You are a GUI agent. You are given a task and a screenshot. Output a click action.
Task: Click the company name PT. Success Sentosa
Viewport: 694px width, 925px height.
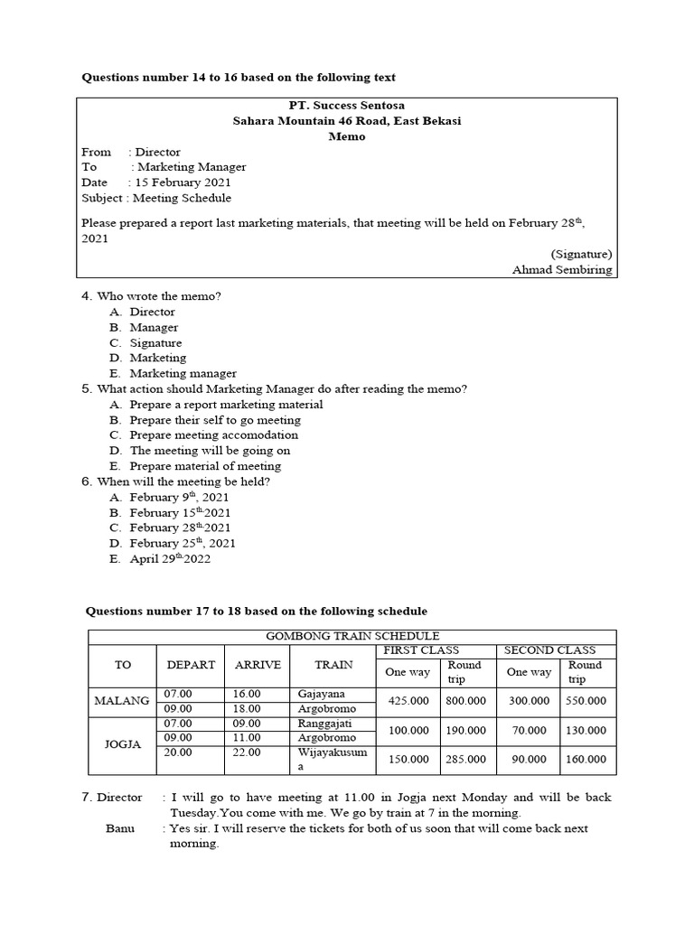tap(347, 106)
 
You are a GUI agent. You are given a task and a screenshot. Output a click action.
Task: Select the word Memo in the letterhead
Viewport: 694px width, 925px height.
tap(347, 136)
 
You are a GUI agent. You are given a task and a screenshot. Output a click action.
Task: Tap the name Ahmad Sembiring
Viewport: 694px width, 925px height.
tap(561, 269)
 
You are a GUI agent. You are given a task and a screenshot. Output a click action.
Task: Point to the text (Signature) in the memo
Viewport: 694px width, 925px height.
tap(580, 254)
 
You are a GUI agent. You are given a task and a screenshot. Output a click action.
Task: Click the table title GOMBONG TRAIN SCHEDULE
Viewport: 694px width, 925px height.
tap(352, 636)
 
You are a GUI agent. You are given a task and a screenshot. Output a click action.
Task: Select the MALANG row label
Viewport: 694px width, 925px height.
tap(122, 701)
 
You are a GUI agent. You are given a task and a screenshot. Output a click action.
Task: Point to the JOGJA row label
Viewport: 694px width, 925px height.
tap(122, 744)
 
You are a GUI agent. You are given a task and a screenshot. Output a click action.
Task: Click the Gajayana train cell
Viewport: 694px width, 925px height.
tap(322, 693)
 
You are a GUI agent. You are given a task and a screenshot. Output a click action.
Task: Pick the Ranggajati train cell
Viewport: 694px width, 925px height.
tap(324, 723)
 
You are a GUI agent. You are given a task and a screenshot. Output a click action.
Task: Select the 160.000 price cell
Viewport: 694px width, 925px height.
tap(586, 760)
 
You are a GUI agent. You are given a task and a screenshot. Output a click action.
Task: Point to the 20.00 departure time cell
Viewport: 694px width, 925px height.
tap(176, 752)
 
